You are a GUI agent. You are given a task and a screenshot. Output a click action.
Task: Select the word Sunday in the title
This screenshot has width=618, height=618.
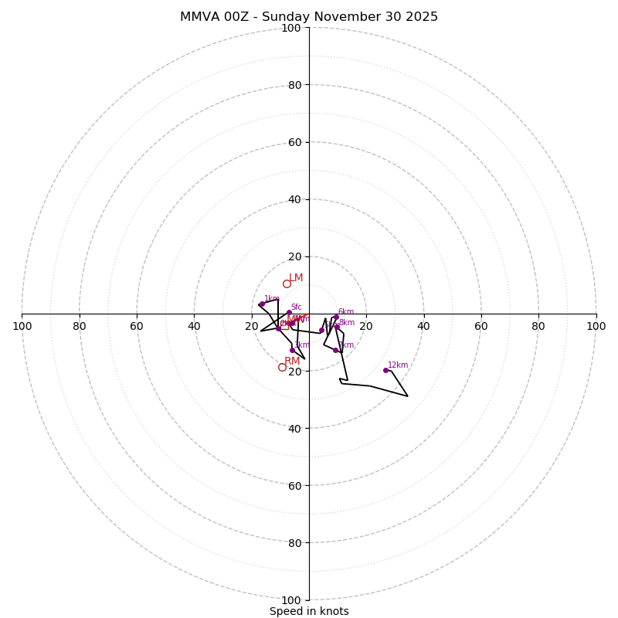(300, 17)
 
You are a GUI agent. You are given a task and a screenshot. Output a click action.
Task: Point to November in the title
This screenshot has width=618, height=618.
(365, 17)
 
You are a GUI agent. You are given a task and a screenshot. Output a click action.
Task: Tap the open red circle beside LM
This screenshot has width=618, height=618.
(287, 284)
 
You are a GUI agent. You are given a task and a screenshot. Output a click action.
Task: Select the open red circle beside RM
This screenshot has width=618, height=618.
(283, 367)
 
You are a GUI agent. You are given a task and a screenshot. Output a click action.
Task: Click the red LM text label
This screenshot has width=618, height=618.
(296, 278)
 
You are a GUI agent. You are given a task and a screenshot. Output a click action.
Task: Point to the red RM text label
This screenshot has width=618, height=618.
(292, 362)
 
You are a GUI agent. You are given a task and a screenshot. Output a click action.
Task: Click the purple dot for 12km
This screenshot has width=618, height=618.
(385, 370)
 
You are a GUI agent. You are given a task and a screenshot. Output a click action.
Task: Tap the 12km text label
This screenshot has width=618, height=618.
(398, 365)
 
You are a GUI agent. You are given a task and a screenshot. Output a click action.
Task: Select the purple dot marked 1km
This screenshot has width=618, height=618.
(261, 304)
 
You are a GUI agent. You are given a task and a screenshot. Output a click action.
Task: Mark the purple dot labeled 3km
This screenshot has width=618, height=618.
(292, 350)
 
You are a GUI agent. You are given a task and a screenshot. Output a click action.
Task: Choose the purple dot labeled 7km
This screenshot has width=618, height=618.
(335, 350)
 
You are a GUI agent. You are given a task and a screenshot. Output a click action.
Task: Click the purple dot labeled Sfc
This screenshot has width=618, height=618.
(289, 312)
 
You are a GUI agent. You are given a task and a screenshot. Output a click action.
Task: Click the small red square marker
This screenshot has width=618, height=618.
(284, 325)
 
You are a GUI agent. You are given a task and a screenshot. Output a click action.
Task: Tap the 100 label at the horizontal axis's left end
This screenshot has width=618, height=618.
(22, 326)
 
